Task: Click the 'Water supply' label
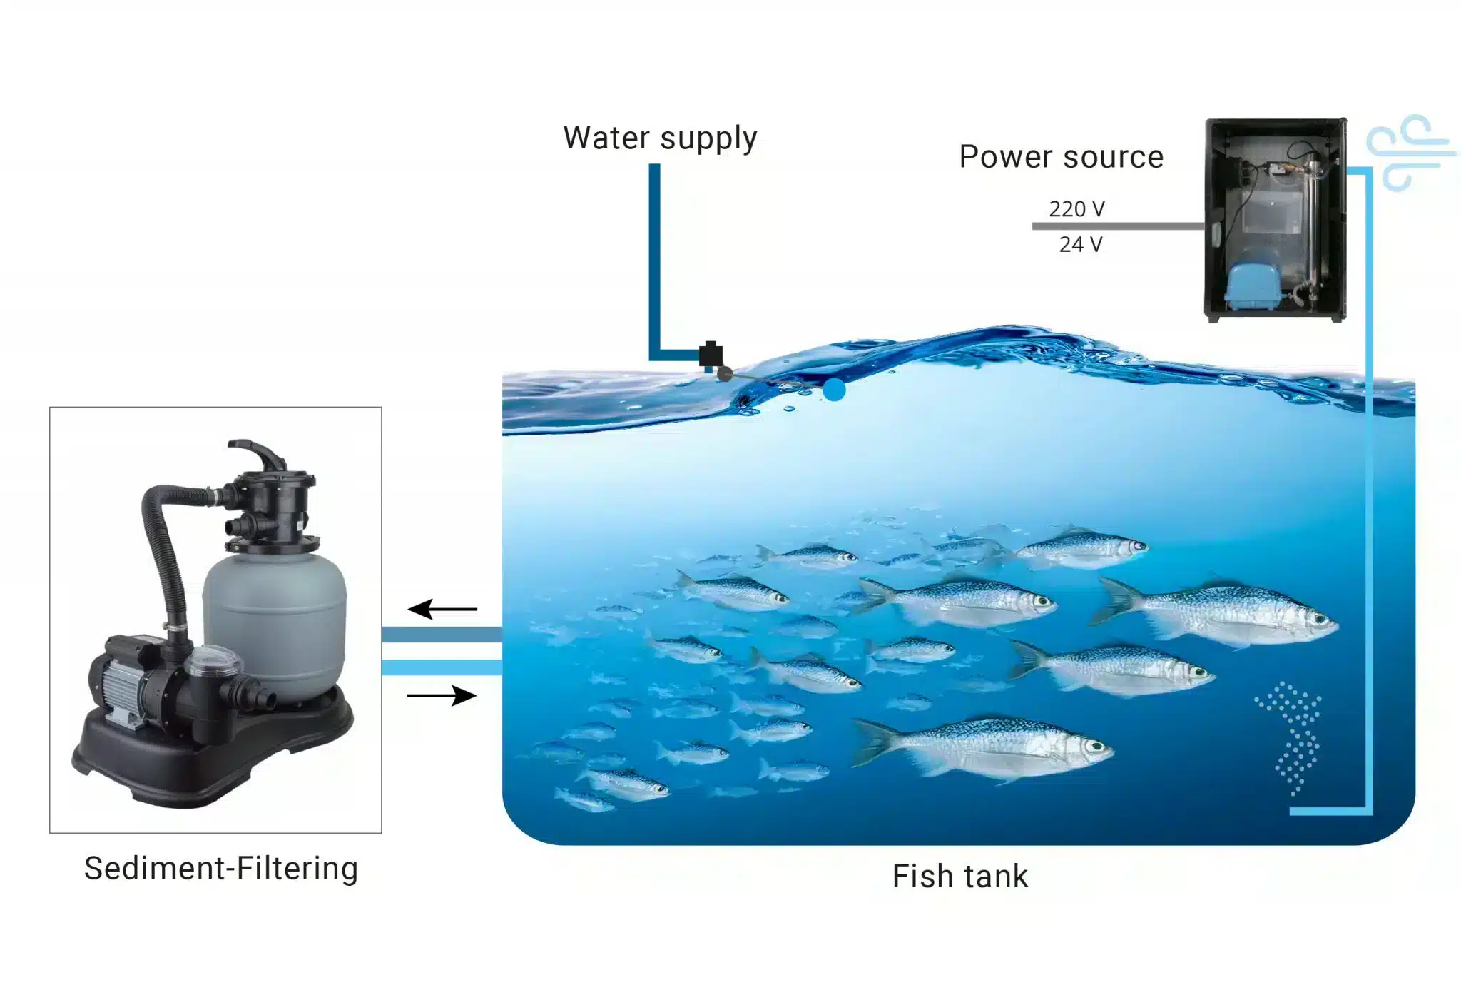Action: click(659, 138)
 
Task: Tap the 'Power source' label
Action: click(1061, 157)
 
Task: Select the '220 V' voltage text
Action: click(1076, 209)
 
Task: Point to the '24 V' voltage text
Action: click(1080, 245)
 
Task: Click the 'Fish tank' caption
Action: click(960, 877)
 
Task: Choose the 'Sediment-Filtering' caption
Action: click(221, 869)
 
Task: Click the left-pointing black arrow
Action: click(442, 609)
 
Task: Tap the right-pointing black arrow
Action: click(442, 695)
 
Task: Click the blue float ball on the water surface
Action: click(833, 390)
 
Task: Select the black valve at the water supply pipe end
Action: click(711, 354)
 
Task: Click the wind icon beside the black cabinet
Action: click(1408, 152)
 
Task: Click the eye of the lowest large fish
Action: click(1095, 747)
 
